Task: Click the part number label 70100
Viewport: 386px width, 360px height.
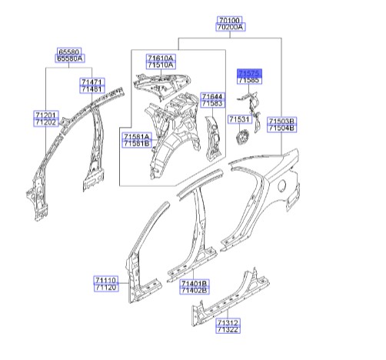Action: pos(229,20)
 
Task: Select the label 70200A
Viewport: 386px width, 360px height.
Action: pos(231,27)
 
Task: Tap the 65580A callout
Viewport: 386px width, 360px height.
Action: pos(70,58)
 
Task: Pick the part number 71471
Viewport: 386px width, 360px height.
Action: pos(92,82)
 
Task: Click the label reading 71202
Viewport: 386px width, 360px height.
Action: pos(46,122)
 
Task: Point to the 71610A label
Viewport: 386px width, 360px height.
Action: pos(161,58)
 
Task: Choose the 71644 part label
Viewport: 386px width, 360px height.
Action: pos(213,96)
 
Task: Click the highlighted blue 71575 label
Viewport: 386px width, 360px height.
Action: pos(249,73)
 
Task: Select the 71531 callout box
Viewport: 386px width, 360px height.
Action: pos(240,119)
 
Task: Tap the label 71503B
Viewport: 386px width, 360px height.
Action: pos(281,121)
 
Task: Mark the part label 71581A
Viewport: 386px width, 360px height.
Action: pos(137,136)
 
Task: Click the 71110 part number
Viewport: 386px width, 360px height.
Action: pos(106,280)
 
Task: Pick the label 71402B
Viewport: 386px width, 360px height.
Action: pos(195,291)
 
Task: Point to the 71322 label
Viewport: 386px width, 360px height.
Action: pos(228,329)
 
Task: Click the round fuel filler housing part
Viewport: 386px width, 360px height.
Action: pos(242,137)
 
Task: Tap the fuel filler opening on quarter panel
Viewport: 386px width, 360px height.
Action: pos(281,185)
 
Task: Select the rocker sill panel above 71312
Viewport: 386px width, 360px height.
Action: pos(230,298)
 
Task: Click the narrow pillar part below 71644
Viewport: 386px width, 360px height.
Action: pos(213,138)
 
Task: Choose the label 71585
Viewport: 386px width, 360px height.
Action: pos(249,80)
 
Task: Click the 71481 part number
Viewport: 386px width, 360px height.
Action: pos(92,89)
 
